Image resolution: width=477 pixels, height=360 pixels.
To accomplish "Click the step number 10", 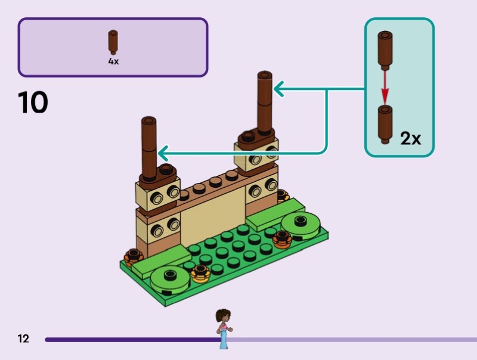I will (x=33, y=103).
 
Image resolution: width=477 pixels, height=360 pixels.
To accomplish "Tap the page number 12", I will (x=23, y=339).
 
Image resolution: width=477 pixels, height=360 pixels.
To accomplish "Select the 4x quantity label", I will (x=113, y=61).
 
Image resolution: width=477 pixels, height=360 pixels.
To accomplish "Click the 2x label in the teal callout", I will (x=410, y=138).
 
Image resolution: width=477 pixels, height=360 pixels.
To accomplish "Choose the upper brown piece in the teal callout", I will (x=385, y=50).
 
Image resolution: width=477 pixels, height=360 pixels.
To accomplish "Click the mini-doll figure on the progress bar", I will (x=224, y=328).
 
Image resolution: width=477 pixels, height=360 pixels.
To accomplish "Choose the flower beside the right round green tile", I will (x=281, y=238).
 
